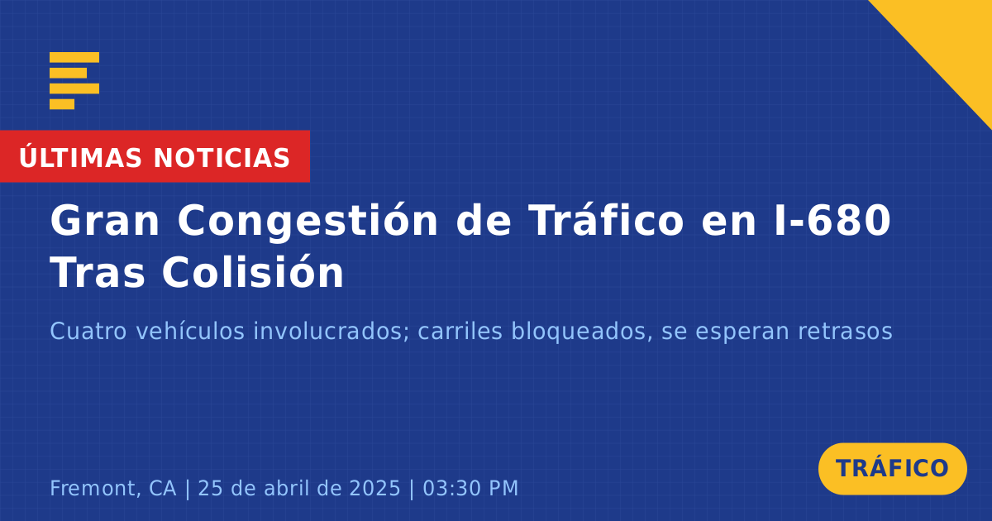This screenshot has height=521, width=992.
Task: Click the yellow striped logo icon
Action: tap(74, 81)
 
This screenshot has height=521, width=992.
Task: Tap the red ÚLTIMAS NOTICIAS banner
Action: tap(155, 156)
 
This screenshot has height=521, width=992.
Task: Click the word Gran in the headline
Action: tap(105, 221)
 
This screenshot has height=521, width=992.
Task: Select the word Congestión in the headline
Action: tap(308, 222)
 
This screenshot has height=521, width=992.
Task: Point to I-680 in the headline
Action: tap(833, 220)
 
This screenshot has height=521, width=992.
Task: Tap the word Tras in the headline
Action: tap(98, 272)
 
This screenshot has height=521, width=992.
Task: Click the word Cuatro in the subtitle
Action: tap(88, 331)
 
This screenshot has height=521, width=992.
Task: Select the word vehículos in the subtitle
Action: tap(190, 331)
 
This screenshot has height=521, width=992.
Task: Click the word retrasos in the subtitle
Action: tap(845, 332)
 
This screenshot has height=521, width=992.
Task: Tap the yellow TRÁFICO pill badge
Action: tap(892, 469)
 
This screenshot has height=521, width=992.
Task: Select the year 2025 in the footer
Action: tap(375, 488)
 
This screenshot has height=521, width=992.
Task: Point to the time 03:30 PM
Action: tap(470, 488)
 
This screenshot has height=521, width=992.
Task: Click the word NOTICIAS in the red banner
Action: tap(222, 158)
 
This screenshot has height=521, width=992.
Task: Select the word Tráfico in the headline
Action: tap(606, 220)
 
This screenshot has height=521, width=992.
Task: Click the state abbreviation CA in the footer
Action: tap(163, 488)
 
